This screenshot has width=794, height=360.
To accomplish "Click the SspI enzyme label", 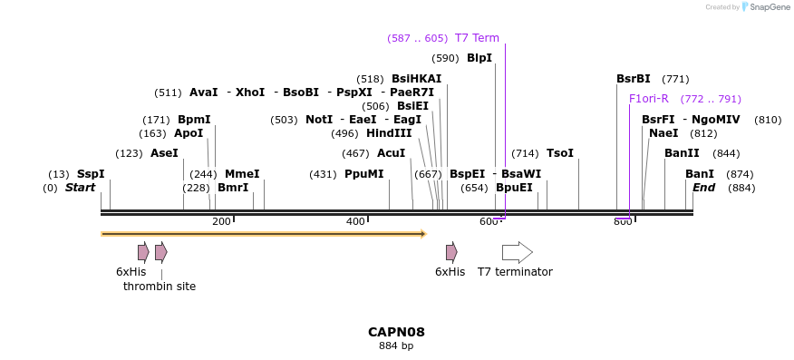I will pos(91,174).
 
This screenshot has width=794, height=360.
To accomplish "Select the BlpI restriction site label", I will pos(479,58).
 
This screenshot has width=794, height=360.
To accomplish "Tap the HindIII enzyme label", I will pos(389,133).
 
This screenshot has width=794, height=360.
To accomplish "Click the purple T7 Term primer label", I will pos(477,38).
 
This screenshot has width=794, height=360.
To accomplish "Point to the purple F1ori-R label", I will pos(649,99).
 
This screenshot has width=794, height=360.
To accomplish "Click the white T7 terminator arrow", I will pos(517,252).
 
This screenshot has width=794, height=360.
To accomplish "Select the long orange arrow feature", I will pos(263,234).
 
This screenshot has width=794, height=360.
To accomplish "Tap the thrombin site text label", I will pos(160,287).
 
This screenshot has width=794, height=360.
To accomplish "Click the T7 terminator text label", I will pos(515,272).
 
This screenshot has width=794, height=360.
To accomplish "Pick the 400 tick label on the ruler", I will pos(355,222).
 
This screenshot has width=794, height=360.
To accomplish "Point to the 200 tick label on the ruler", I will pos(221,222).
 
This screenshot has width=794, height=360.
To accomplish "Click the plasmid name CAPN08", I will pos(396,332).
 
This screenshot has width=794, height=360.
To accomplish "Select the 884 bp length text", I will pos(396,345).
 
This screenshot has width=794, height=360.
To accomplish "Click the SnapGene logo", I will pos(765,7).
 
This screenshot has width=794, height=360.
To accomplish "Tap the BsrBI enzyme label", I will pos(634,79).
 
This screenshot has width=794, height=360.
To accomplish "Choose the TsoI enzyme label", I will pos(560,153).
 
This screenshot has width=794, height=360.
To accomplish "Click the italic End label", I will pos(703,188).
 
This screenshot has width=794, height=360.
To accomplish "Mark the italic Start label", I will pos(80,188).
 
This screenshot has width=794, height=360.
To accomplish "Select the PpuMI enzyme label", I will pos(364,174).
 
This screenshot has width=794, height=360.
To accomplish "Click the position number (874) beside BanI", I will pos(740,174).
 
